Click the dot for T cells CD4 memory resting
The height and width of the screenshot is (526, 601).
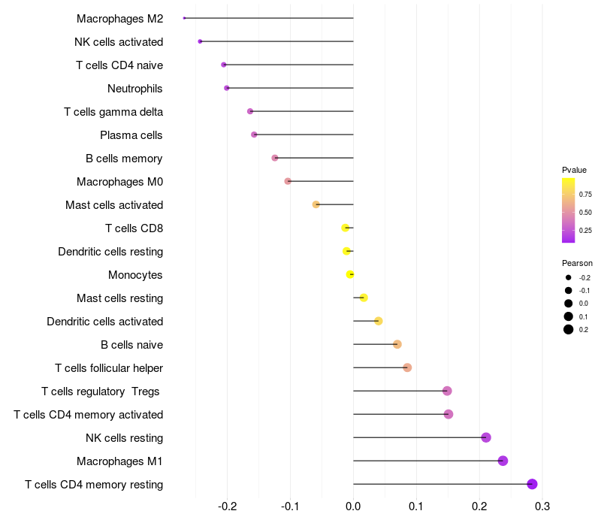pyautogui.click(x=532, y=484)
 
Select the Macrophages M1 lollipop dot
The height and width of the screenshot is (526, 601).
pyautogui.click(x=503, y=461)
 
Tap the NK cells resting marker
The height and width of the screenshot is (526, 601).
pyautogui.click(x=486, y=437)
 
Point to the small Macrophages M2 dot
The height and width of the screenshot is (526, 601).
pyautogui.click(x=184, y=18)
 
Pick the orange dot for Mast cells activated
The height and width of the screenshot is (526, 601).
pyautogui.click(x=316, y=204)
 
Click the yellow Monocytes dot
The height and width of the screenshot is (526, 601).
pyautogui.click(x=350, y=274)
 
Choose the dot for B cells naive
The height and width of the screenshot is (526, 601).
pyautogui.click(x=397, y=344)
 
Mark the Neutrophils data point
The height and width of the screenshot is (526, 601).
pyautogui.click(x=227, y=88)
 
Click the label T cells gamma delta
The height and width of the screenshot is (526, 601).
pyautogui.click(x=113, y=112)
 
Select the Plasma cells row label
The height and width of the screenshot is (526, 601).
pyautogui.click(x=131, y=135)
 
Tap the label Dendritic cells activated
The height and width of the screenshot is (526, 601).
pyautogui.click(x=104, y=322)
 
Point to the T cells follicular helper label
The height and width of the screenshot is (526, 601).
pyautogui.click(x=109, y=368)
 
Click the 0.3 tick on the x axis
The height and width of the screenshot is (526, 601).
pyautogui.click(x=542, y=505)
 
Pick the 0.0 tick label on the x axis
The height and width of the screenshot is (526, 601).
pyautogui.click(x=353, y=505)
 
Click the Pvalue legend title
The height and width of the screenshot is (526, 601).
pyautogui.click(x=574, y=170)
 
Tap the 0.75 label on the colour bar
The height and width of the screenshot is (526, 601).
pyautogui.click(x=584, y=194)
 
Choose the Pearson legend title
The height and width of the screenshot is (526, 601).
pyautogui.click(x=577, y=263)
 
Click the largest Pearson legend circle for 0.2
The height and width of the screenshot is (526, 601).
pyautogui.click(x=569, y=329)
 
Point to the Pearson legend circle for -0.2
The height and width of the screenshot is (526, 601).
pyautogui.click(x=569, y=278)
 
